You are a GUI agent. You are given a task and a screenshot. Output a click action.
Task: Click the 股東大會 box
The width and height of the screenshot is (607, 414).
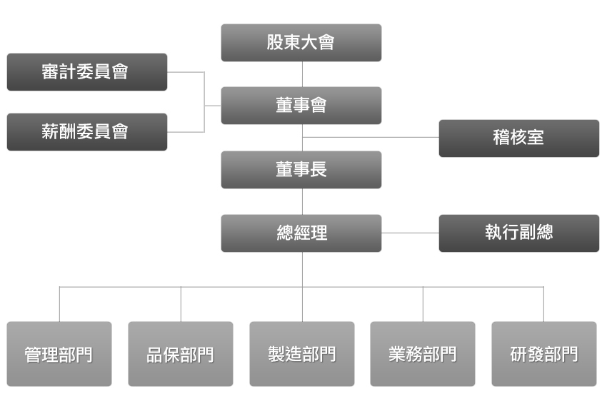coord(301,43)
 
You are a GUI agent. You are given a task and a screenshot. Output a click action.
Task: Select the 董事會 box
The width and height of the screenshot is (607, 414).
coord(301,106)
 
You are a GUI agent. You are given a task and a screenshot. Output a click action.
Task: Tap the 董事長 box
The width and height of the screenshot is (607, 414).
coord(301,170)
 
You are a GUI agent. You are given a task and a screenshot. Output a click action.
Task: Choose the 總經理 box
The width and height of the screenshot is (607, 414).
coord(301,233)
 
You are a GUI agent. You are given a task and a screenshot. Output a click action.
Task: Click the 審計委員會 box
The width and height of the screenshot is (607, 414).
coord(87,72)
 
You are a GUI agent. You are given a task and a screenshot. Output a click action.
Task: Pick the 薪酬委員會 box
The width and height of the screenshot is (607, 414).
coord(87,132)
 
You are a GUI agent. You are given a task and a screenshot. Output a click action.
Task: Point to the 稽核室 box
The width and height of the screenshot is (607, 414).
coord(518,138)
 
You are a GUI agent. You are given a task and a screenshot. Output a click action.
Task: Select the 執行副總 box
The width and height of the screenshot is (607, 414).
coord(518,233)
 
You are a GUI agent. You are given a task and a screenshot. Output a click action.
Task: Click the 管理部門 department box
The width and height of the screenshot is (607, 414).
coord(59,354)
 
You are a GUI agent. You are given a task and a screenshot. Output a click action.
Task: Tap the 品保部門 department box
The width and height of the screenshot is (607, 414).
coord(181,354)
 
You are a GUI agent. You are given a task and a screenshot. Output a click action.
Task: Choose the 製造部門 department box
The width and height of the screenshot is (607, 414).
coord(302,354)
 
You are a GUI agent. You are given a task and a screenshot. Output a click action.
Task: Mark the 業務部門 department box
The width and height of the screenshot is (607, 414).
coord(423,354)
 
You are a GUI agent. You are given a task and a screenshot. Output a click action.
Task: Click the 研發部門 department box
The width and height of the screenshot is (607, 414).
coord(544,354)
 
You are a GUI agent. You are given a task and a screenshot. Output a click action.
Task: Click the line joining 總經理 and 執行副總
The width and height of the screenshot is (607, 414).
coord(410,233)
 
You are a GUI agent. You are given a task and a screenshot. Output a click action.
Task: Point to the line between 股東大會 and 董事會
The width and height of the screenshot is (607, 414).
coord(302,74)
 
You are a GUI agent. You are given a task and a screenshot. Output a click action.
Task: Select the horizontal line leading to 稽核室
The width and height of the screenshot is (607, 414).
coord(371,137)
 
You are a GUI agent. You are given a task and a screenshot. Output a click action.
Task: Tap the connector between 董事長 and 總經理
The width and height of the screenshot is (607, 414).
coord(302,202)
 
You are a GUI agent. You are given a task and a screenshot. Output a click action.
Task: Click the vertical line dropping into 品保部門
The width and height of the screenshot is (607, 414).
coord(181,304)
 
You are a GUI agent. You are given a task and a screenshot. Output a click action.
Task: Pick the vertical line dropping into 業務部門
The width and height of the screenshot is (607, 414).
coord(423,304)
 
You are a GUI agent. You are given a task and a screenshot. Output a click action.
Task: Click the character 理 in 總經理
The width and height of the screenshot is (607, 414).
coord(318,233)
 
